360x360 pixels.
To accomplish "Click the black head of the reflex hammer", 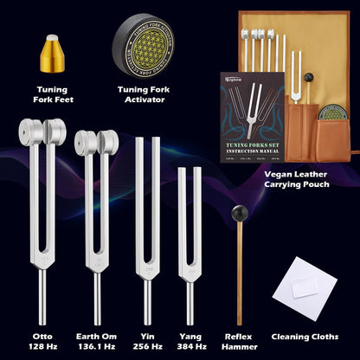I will pyautogui.click(x=236, y=211).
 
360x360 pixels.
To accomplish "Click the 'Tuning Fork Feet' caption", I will pyautogui.click(x=53, y=93).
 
